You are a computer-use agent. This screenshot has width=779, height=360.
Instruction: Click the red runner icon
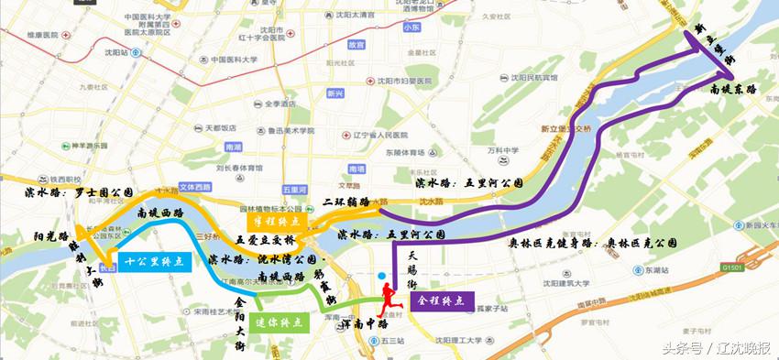[x=389, y=295]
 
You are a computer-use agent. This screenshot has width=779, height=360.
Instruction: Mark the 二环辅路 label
[x=346, y=201]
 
